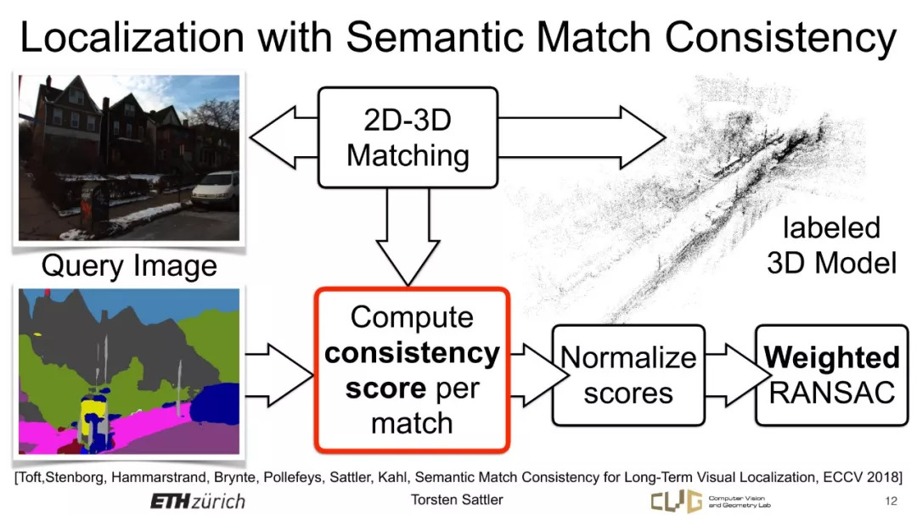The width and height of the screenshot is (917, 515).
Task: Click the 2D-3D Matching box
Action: click(x=408, y=138)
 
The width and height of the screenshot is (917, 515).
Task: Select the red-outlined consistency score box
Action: click(x=413, y=370)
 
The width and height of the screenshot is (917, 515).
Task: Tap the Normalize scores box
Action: click(x=628, y=375)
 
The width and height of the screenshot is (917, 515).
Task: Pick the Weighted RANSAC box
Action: click(x=831, y=375)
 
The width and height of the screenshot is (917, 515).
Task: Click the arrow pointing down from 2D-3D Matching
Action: click(x=408, y=236)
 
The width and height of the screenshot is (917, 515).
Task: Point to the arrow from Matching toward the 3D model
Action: click(x=582, y=138)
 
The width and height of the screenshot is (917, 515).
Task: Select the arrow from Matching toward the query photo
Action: click(x=284, y=138)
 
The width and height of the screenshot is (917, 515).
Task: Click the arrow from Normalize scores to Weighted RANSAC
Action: click(x=731, y=375)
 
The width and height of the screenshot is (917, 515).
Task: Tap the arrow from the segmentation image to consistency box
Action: click(x=279, y=375)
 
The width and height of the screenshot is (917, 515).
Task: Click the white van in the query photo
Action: click(x=215, y=190)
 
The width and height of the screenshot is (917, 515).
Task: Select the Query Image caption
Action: click(x=129, y=266)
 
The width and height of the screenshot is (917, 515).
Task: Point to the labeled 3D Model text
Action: click(x=831, y=245)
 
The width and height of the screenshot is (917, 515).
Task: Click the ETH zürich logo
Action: click(x=198, y=501)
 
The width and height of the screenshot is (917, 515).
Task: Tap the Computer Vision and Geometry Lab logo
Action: click(x=711, y=501)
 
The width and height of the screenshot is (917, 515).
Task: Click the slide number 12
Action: click(x=892, y=501)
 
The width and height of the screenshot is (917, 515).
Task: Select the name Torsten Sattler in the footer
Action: click(x=457, y=500)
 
